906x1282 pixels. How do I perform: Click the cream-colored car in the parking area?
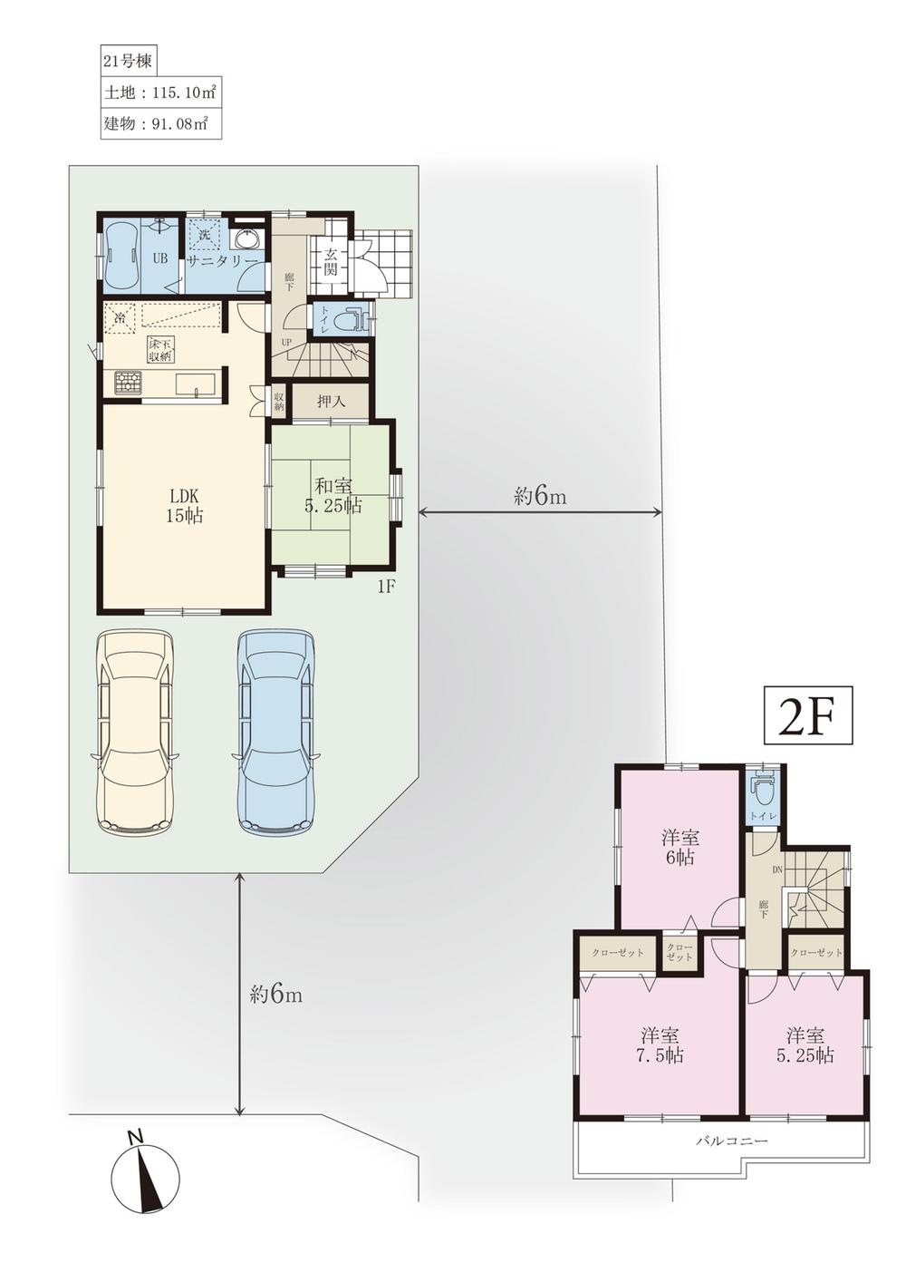[136, 730]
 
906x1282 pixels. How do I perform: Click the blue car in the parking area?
[277, 730]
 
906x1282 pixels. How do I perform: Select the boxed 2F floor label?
[809, 715]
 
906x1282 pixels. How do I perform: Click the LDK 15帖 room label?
[185, 506]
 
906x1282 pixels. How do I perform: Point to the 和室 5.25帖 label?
[333, 496]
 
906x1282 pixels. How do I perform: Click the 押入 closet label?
[330, 401]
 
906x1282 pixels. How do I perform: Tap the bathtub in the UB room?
[121, 256]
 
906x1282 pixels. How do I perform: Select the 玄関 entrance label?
[330, 262]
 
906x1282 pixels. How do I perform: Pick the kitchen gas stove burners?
[128, 383]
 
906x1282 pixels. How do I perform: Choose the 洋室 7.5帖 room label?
[661, 1045]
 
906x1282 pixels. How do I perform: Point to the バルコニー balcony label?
[731, 1141]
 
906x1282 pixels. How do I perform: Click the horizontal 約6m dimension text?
[540, 496]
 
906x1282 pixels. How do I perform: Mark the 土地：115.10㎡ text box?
[159, 92]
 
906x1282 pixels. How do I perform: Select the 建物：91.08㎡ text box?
[159, 123]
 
